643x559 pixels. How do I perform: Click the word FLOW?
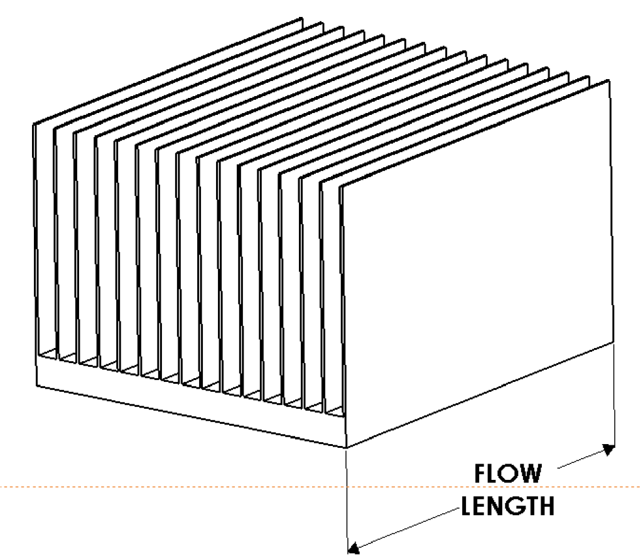(507, 474)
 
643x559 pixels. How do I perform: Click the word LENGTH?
(507, 506)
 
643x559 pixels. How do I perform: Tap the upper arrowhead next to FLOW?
(608, 450)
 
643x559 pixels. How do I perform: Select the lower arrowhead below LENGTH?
(354, 548)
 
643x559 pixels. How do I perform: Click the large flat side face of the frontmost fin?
(476, 263)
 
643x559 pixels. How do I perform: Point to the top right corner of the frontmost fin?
(608, 80)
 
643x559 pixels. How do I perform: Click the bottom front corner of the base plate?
(347, 447)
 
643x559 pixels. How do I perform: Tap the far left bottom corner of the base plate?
(37, 386)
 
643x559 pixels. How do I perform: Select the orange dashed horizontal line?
(321, 487)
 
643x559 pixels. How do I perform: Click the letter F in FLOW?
(480, 474)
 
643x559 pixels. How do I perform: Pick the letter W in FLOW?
(529, 474)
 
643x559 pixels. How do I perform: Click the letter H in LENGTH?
(547, 506)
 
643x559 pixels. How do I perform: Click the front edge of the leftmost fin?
(35, 238)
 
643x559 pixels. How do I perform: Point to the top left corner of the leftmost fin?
(34, 124)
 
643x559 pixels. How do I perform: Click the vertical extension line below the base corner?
(347, 498)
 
